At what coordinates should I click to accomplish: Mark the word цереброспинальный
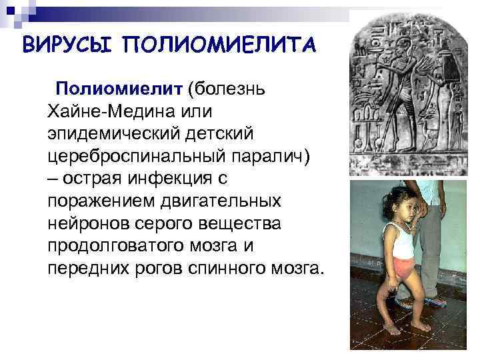pyautogui.click(x=133, y=156)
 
